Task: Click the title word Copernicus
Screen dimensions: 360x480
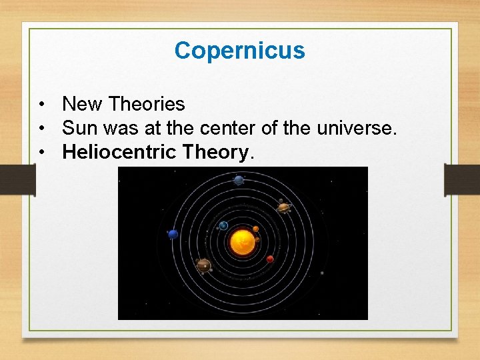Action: tap(239, 51)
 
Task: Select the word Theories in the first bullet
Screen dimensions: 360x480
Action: tap(147, 104)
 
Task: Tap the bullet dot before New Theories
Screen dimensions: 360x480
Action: tap(42, 105)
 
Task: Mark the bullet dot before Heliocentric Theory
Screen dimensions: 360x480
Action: tap(42, 153)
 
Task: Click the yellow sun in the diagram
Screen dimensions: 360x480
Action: tap(242, 243)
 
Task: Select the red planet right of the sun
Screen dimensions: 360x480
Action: tap(270, 259)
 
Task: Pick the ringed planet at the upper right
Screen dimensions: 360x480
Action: tap(283, 207)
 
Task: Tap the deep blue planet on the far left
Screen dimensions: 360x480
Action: tap(173, 234)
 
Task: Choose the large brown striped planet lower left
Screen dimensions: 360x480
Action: tap(204, 266)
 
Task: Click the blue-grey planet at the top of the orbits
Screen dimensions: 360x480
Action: tap(239, 180)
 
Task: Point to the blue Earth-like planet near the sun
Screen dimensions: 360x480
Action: tap(223, 225)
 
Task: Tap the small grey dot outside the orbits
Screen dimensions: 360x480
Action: tap(322, 273)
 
